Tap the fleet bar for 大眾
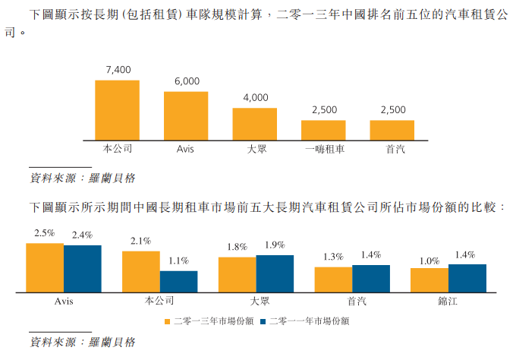coord(255,123)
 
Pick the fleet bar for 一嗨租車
coord(324,129)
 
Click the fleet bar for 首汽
coord(392,129)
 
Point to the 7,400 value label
coord(118,70)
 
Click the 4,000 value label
coord(256,97)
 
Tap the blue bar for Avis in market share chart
coord(83,269)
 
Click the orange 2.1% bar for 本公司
coord(141,272)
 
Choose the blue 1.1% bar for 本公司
coord(178,282)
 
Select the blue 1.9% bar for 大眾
coord(275,273)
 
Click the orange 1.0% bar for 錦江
coord(429,280)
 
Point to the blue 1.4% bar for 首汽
coord(371,279)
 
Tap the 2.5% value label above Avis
coord(45,233)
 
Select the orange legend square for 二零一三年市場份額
coord(168,321)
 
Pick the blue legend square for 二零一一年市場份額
coord(263,321)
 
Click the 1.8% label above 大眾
coord(237,247)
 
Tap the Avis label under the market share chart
coord(64,302)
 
